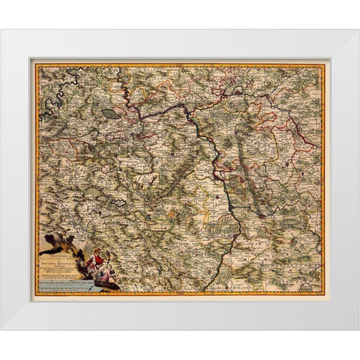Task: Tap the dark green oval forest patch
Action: coord(110,113)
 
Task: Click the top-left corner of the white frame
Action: coord(1,30)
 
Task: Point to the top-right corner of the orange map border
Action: coord(325,64)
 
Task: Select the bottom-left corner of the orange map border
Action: coord(34,293)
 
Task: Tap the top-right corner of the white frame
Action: coord(358,30)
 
